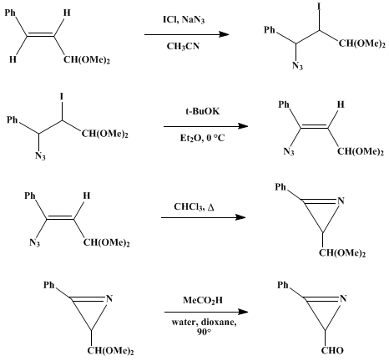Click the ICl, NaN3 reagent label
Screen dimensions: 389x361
click(184, 20)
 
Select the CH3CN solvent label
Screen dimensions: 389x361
click(183, 46)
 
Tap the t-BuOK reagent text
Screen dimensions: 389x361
click(203, 111)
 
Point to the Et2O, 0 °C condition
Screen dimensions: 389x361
click(202, 138)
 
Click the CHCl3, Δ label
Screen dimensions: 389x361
click(194, 207)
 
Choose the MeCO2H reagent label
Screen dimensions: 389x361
click(203, 300)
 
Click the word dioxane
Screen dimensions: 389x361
click(219, 323)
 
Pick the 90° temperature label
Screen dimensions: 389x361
click(204, 332)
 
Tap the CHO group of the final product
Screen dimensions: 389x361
click(332, 350)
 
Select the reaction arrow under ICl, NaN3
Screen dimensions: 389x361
click(186, 34)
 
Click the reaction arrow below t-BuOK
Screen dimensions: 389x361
click(205, 126)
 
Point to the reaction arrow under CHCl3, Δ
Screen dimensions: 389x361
click(204, 217)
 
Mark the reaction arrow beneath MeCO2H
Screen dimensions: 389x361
click(206, 312)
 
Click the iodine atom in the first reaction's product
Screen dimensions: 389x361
click(319, 7)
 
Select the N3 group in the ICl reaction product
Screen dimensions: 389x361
click(297, 66)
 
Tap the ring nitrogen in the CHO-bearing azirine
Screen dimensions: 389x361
click(343, 298)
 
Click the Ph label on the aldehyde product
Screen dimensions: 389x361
click(283, 285)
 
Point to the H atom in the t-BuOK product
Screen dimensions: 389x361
click(341, 104)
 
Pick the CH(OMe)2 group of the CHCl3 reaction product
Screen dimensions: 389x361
click(342, 253)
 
